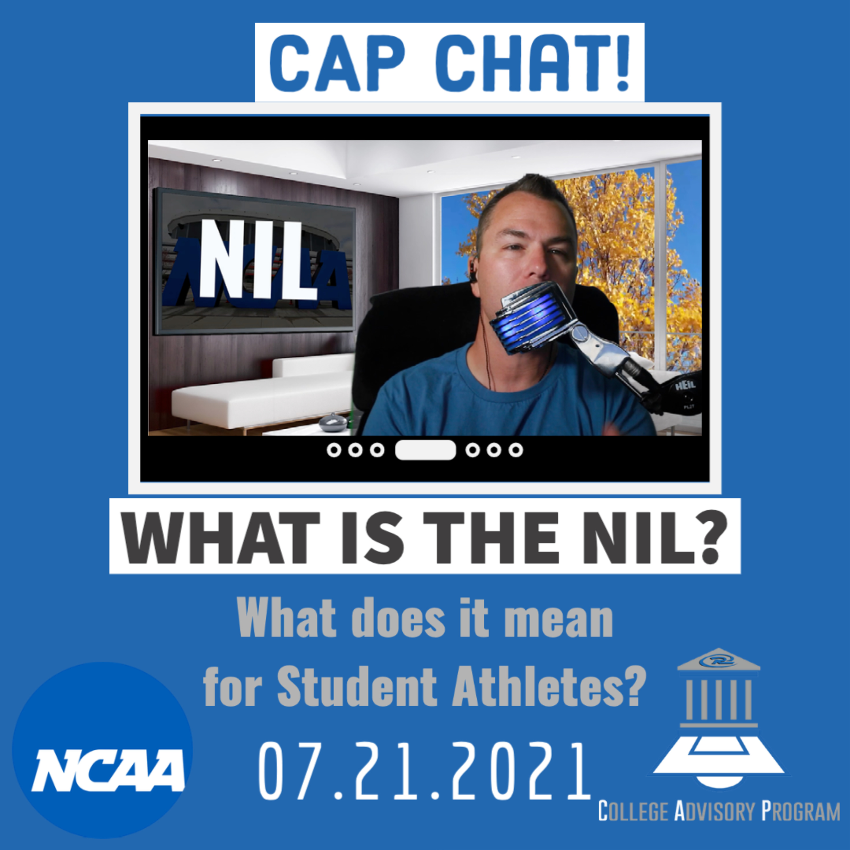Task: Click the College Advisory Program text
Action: click(x=718, y=811)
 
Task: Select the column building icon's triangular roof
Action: click(x=719, y=660)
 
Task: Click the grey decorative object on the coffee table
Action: click(x=333, y=423)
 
